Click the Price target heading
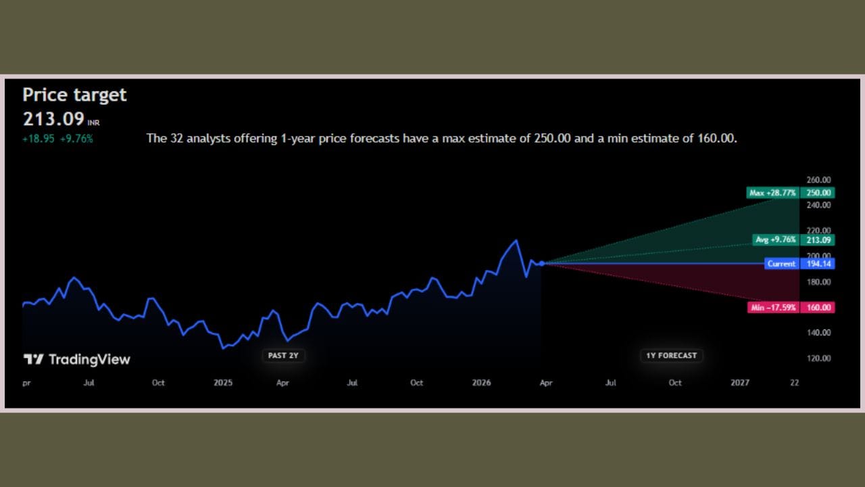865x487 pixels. click(x=74, y=95)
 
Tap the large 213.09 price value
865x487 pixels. click(x=53, y=120)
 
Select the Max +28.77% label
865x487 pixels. click(x=773, y=193)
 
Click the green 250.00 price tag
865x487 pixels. click(x=818, y=193)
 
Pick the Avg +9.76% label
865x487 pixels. click(x=776, y=239)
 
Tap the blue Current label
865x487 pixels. click(x=781, y=264)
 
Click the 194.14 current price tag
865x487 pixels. click(x=818, y=264)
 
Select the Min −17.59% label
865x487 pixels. click(x=773, y=308)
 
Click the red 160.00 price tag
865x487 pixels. click(x=818, y=308)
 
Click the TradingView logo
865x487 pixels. click(x=76, y=360)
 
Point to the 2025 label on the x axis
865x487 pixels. click(x=223, y=383)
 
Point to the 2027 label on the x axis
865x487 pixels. click(x=740, y=383)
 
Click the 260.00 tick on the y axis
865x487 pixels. click(x=818, y=180)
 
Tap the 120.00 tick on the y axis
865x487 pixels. click(x=818, y=358)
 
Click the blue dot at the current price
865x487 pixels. click(x=542, y=263)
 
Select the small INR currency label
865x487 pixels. click(x=93, y=123)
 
